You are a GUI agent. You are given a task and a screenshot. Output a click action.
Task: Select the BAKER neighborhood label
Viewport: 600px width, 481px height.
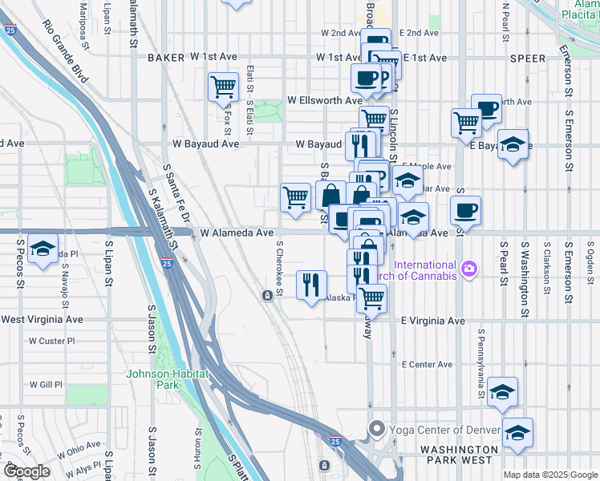click(x=166, y=58)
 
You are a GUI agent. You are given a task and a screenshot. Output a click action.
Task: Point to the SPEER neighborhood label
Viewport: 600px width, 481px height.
click(x=526, y=59)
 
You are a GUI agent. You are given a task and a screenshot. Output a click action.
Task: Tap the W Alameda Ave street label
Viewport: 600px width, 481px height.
click(x=237, y=232)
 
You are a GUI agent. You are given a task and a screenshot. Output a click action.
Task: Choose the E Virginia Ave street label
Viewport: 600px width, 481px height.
click(x=433, y=321)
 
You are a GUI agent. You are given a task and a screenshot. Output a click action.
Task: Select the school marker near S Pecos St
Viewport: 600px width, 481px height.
click(x=43, y=248)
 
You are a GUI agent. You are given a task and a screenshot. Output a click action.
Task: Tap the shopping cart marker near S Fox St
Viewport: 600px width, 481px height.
click(x=223, y=87)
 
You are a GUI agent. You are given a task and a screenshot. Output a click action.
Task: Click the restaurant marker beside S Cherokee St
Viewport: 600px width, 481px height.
click(x=310, y=285)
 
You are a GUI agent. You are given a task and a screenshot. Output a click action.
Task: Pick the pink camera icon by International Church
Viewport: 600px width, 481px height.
click(x=469, y=270)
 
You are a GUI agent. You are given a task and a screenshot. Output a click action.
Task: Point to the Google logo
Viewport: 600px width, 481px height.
click(x=27, y=471)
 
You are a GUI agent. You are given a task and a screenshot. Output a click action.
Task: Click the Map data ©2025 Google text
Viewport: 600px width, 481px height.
click(x=549, y=475)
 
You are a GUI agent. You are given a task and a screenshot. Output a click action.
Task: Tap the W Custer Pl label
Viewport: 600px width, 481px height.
click(x=51, y=341)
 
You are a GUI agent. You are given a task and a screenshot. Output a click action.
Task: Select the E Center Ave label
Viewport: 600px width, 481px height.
click(x=427, y=365)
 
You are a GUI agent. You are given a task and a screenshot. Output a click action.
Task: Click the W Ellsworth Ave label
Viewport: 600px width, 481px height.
click(x=324, y=101)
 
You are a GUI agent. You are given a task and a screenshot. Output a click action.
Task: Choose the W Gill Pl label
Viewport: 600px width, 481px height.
click(x=47, y=385)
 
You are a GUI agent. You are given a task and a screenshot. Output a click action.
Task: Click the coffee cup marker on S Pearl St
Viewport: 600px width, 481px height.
click(x=465, y=211)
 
